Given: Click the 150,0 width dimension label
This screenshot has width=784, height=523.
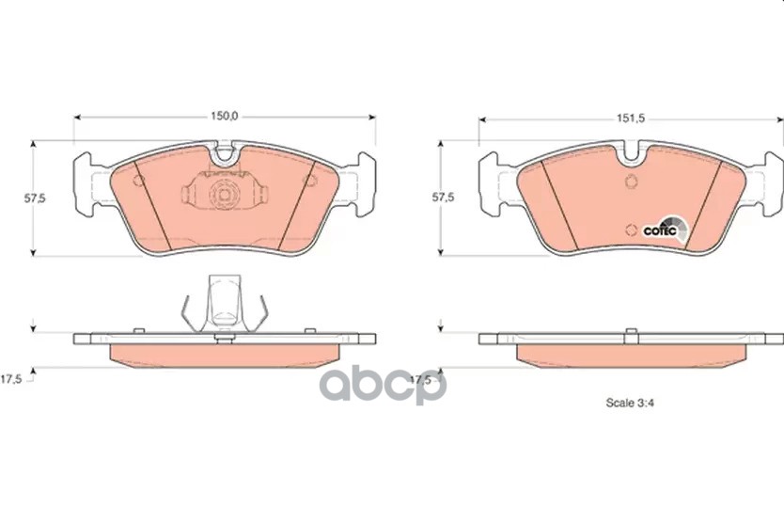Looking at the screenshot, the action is tap(224, 117).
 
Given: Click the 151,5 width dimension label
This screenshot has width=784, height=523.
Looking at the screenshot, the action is tap(631, 119).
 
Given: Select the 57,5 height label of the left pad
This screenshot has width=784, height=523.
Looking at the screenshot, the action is tap(35, 198).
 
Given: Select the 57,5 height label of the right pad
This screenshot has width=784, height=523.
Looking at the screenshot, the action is tap(443, 198).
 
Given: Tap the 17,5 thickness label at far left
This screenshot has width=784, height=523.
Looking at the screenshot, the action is tap(11, 379).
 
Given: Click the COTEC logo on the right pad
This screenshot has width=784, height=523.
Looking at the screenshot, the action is tap(665, 230).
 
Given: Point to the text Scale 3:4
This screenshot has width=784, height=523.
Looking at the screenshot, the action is tap(630, 403).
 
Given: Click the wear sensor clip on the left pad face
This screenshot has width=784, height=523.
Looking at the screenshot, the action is tap(225, 190).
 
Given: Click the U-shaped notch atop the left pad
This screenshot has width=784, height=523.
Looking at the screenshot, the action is tap(225, 153).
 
